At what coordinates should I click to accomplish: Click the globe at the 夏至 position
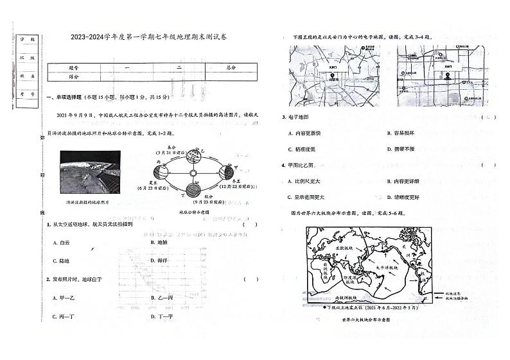coord(159,173)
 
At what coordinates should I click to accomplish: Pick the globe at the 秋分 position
coord(191,189)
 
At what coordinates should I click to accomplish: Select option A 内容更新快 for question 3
coord(305,133)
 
